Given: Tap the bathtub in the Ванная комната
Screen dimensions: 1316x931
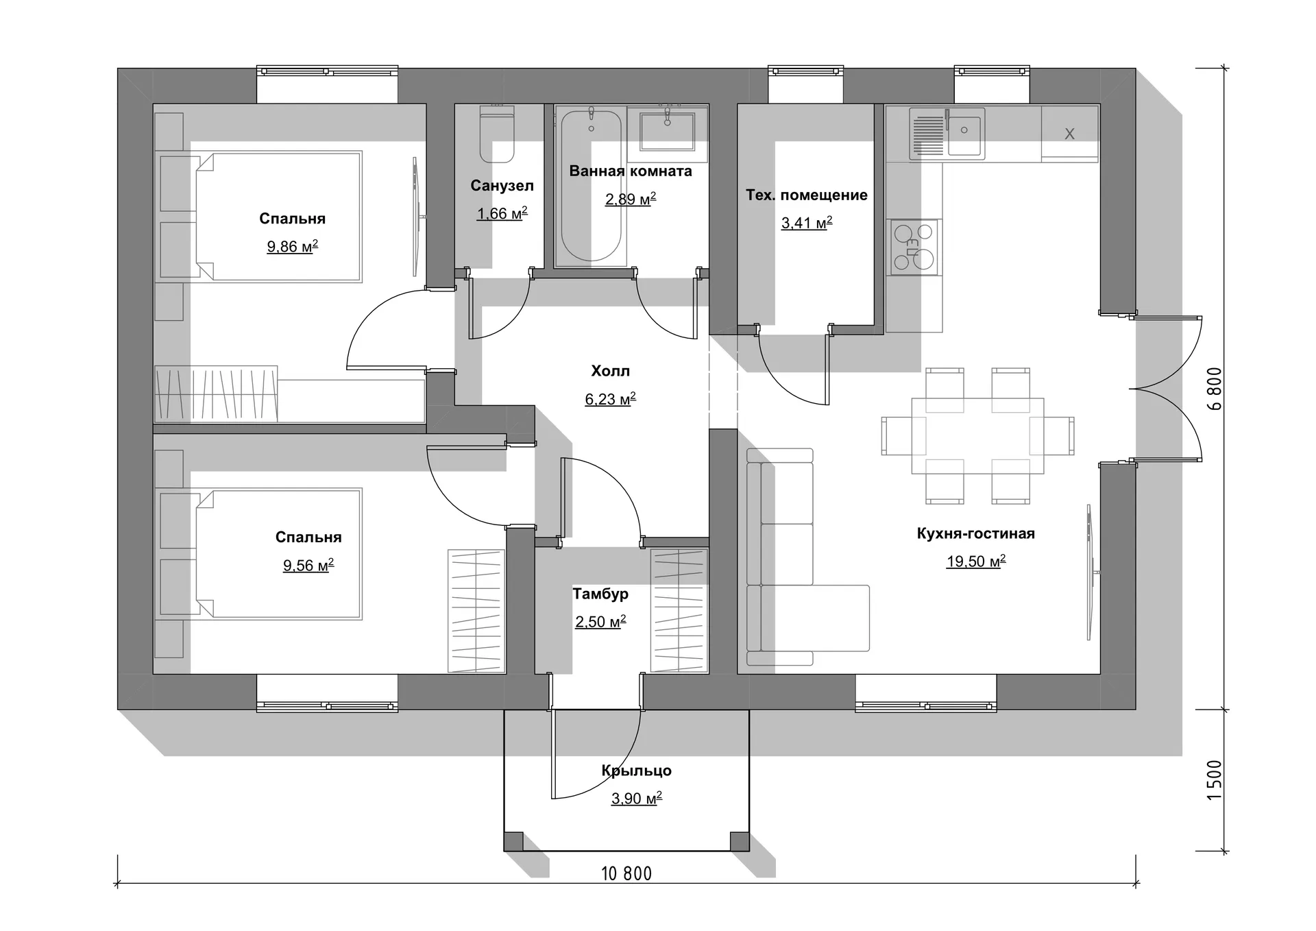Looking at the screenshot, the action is pyautogui.click(x=592, y=186).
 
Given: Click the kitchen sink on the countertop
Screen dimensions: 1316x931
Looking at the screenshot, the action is pyautogui.click(x=947, y=134).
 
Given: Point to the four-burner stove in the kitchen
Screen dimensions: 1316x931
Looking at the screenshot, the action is pyautogui.click(x=914, y=247).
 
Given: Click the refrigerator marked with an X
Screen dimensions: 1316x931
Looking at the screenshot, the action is pyautogui.click(x=1070, y=134).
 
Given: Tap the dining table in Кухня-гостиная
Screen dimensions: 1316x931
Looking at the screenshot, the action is pyautogui.click(x=978, y=436).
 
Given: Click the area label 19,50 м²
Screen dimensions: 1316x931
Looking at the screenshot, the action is pyautogui.click(x=976, y=561).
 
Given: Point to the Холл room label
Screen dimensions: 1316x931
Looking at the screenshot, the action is pyautogui.click(x=610, y=371).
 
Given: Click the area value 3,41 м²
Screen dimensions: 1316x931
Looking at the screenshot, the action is pyautogui.click(x=807, y=223).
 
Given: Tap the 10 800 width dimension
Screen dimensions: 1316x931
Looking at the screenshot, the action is pyautogui.click(x=626, y=873).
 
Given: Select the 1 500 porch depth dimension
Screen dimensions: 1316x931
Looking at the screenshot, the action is pyautogui.click(x=1214, y=780).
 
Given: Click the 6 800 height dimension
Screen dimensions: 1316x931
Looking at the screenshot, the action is pyautogui.click(x=1214, y=389).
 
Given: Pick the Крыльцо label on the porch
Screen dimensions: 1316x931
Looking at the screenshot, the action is pyautogui.click(x=636, y=771).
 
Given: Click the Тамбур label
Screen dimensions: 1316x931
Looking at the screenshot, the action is pyautogui.click(x=600, y=594).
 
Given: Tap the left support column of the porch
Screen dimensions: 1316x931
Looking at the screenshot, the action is pyautogui.click(x=513, y=841).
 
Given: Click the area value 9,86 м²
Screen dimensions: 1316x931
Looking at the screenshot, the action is pyautogui.click(x=292, y=246).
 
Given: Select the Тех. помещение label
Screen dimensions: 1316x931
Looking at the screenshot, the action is pyautogui.click(x=807, y=195).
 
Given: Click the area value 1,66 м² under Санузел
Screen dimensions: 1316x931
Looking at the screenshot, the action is pyautogui.click(x=502, y=214).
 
